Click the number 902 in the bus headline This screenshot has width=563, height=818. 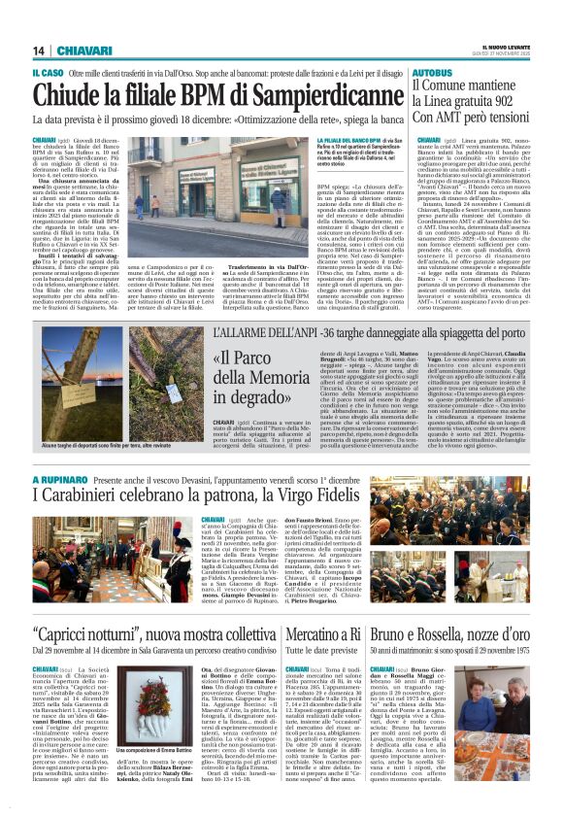pos(504,102)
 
